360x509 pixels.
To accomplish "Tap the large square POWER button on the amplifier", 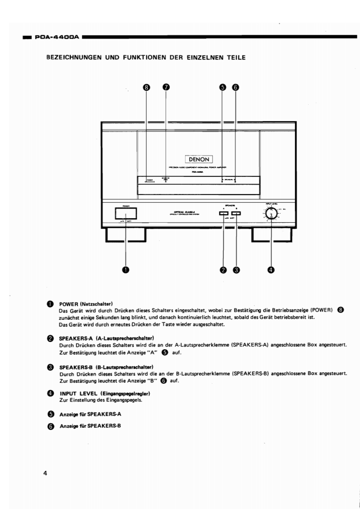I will click(126, 213).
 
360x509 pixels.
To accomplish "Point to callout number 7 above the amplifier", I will click(166, 88).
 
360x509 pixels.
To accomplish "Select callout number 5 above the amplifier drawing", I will click(222, 88).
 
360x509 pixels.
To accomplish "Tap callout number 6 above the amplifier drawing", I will click(236, 88).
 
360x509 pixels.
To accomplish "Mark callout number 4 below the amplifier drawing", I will click(271, 269).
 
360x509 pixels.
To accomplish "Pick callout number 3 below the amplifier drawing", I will click(236, 269).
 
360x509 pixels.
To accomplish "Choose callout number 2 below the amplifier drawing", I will click(223, 269).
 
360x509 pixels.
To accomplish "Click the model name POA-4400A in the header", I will click(58, 37).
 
